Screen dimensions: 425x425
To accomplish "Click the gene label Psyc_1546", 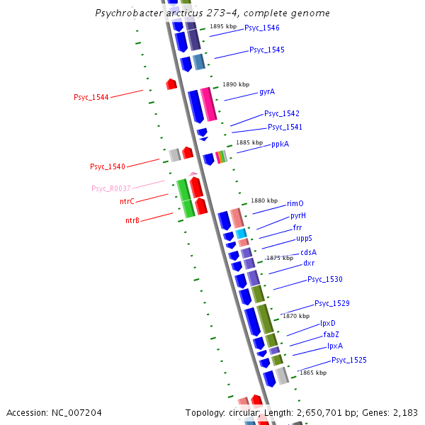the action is click(262, 28).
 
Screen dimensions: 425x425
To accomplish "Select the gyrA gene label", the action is click(267, 92).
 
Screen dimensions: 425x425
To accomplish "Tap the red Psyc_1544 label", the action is click(91, 97).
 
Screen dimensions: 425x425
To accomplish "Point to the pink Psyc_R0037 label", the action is click(111, 188).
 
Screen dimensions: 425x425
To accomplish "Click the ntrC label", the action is click(127, 201).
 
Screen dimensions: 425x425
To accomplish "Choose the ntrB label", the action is click(132, 221).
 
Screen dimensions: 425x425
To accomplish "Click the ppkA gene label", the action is click(280, 144).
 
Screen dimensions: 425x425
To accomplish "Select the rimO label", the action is click(295, 203).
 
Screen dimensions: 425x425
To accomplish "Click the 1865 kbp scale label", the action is click(313, 373).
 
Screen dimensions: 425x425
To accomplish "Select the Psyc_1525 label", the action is click(349, 361).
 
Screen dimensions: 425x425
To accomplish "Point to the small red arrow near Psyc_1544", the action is click(171, 84).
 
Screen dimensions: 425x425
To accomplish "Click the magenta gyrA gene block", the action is click(208, 104).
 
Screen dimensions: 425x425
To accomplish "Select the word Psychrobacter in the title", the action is click(128, 13).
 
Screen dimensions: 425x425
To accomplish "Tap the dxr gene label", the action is click(309, 263).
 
